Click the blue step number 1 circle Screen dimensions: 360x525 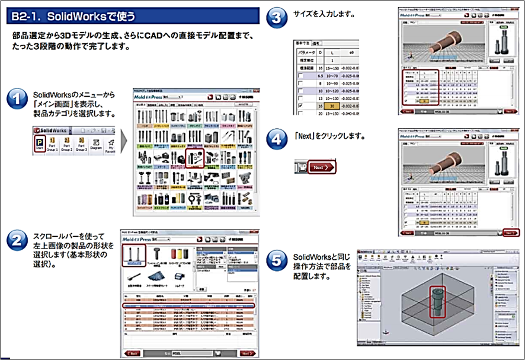coord(17,98)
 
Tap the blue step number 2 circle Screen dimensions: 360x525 coord(17,240)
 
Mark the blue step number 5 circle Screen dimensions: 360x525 coord(276,260)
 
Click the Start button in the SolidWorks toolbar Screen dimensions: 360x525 coord(40,143)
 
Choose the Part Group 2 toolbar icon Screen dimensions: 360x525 coord(67,143)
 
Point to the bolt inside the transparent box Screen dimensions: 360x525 coord(436,300)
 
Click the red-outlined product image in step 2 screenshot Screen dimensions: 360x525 coord(134,255)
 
